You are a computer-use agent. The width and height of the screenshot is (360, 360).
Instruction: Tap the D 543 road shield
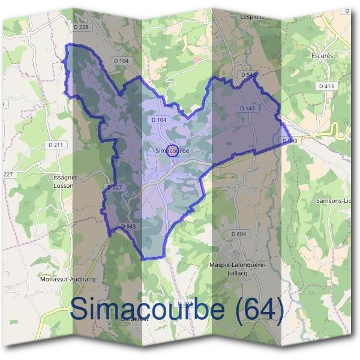tap(247, 75)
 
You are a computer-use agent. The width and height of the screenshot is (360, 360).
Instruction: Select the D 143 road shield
tap(247, 109)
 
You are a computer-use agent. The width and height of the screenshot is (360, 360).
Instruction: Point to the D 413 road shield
tap(326, 86)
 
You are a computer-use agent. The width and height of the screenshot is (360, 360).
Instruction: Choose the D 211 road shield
tap(55, 145)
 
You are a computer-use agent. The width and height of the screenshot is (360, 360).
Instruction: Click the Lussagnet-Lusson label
tap(60, 182)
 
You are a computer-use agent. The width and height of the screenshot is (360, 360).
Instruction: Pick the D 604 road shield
tap(238, 233)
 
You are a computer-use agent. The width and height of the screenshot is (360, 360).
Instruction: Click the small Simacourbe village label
tap(172, 151)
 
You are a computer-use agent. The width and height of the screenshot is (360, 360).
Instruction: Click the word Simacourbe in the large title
tap(146, 310)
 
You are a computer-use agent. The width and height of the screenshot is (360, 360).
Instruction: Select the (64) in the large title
tap(259, 310)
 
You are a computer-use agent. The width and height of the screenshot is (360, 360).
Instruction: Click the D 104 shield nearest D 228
tap(121, 61)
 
